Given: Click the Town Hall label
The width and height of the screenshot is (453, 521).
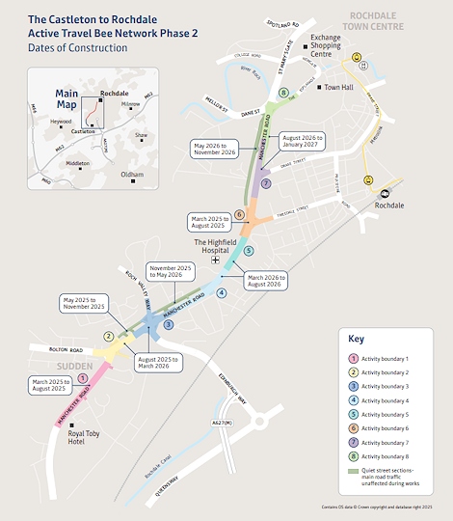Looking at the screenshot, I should coord(340,88).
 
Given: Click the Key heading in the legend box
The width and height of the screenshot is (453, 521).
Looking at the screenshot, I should coord(357,340).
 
